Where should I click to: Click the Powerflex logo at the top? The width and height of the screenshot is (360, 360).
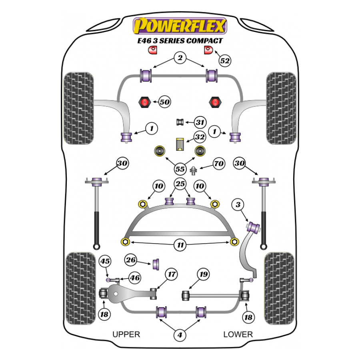pyautogui.click(x=180, y=26)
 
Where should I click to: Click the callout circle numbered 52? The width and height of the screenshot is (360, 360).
pyautogui.click(x=225, y=61)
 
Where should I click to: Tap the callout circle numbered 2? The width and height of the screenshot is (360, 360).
pyautogui.click(x=180, y=58)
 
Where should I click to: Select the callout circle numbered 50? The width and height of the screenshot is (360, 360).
pyautogui.click(x=164, y=102)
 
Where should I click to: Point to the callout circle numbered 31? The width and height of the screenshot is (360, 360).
pyautogui.click(x=200, y=122)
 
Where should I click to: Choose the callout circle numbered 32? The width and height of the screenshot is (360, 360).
pyautogui.click(x=200, y=137)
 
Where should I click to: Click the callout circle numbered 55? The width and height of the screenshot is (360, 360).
pyautogui.click(x=180, y=169)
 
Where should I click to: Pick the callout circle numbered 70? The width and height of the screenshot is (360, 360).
pyautogui.click(x=218, y=164)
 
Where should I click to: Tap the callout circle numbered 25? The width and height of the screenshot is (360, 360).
pyautogui.click(x=180, y=185)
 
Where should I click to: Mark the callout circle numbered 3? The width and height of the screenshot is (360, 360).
pyautogui.click(x=239, y=206)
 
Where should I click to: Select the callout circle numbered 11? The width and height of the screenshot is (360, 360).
pyautogui.click(x=180, y=245)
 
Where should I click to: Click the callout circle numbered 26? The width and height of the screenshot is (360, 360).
pyautogui.click(x=130, y=260)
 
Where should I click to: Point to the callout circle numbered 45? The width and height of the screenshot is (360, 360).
pyautogui.click(x=105, y=262)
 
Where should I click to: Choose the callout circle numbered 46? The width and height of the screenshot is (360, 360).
pyautogui.click(x=135, y=277)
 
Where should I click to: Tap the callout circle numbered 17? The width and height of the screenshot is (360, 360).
pyautogui.click(x=172, y=274)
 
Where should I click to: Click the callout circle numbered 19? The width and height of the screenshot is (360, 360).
pyautogui.click(x=204, y=274)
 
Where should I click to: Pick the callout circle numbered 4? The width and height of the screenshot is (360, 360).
pyautogui.click(x=180, y=335)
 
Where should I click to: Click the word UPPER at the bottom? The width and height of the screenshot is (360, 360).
pyautogui.click(x=126, y=334)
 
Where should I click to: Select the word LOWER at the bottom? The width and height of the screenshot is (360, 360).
pyautogui.click(x=238, y=334)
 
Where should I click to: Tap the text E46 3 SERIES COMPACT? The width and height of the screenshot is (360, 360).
pyautogui.click(x=180, y=40)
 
